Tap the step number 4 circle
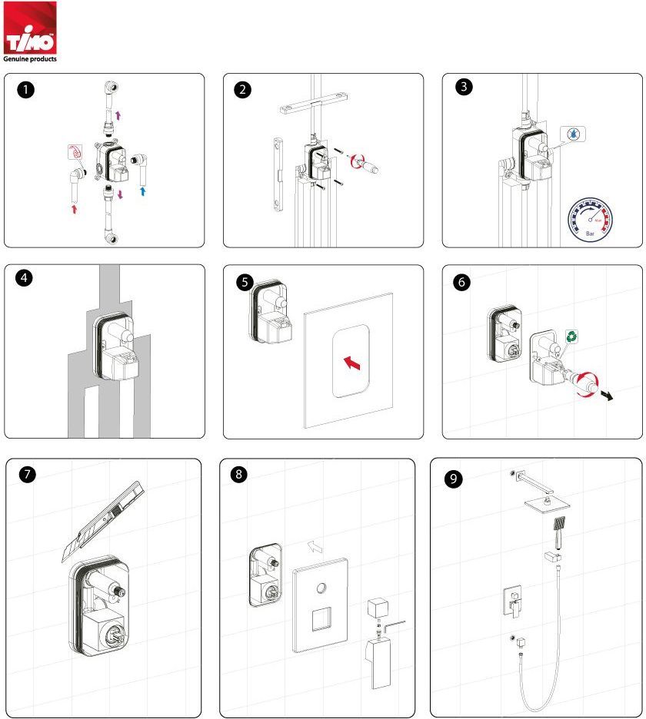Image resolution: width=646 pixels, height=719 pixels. click(x=26, y=280)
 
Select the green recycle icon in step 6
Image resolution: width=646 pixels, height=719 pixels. click(x=572, y=336)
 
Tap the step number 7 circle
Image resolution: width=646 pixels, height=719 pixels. click(x=28, y=474)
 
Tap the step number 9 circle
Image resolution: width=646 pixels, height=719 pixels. click(x=455, y=478)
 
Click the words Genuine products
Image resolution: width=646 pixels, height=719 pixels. click(x=29, y=58)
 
